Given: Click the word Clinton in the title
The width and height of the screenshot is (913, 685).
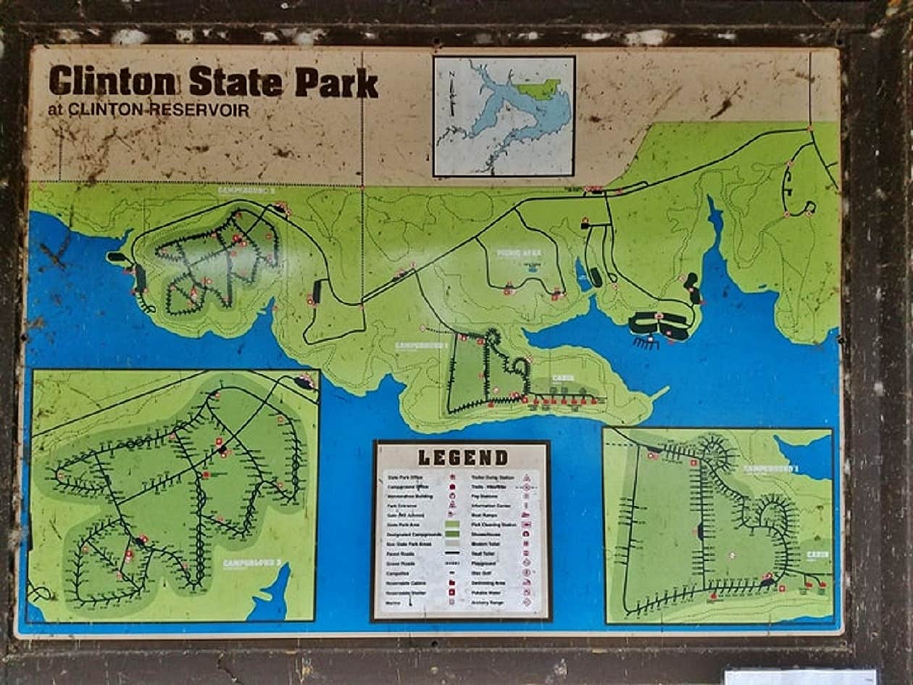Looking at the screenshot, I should [112, 81].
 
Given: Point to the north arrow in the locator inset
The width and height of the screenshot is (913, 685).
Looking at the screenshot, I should [452, 94].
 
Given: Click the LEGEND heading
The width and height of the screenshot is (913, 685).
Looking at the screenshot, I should [462, 457].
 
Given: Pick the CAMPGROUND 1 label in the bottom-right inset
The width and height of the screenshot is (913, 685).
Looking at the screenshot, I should [770, 469].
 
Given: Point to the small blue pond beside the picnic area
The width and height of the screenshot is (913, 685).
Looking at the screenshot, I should [582, 275].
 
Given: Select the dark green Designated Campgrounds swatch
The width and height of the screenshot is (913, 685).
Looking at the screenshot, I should [452, 534].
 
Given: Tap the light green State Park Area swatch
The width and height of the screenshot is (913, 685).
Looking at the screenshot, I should [452, 523].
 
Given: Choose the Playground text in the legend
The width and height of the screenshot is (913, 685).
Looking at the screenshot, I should [484, 563].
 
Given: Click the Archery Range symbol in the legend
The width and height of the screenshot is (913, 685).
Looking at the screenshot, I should [527, 602].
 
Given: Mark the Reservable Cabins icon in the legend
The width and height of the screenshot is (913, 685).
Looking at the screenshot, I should [452, 583].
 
